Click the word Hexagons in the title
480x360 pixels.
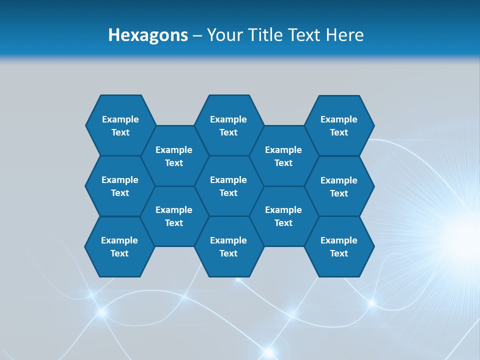pyautogui.click(x=148, y=35)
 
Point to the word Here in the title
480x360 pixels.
pyautogui.click(x=345, y=35)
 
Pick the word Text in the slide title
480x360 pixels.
pyautogui.click(x=304, y=35)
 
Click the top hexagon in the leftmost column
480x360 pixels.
pyautogui.click(x=120, y=125)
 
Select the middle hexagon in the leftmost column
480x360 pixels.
pyautogui.click(x=120, y=186)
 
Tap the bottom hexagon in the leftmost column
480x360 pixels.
pyautogui.click(x=119, y=246)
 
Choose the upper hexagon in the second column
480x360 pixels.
pyautogui.click(x=174, y=156)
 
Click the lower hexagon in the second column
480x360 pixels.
pyautogui.click(x=174, y=216)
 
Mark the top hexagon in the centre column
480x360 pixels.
pyautogui.click(x=228, y=125)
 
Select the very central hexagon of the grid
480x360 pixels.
pyautogui.click(x=228, y=186)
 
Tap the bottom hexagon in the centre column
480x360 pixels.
pyautogui.click(x=228, y=246)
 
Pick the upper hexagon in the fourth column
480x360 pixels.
pyautogui.click(x=283, y=156)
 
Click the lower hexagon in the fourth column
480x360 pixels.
pyautogui.click(x=283, y=216)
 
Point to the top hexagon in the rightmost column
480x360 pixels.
pyautogui.click(x=339, y=125)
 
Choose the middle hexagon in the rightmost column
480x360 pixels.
pyautogui.click(x=339, y=186)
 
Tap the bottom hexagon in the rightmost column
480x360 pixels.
pyautogui.click(x=339, y=246)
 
